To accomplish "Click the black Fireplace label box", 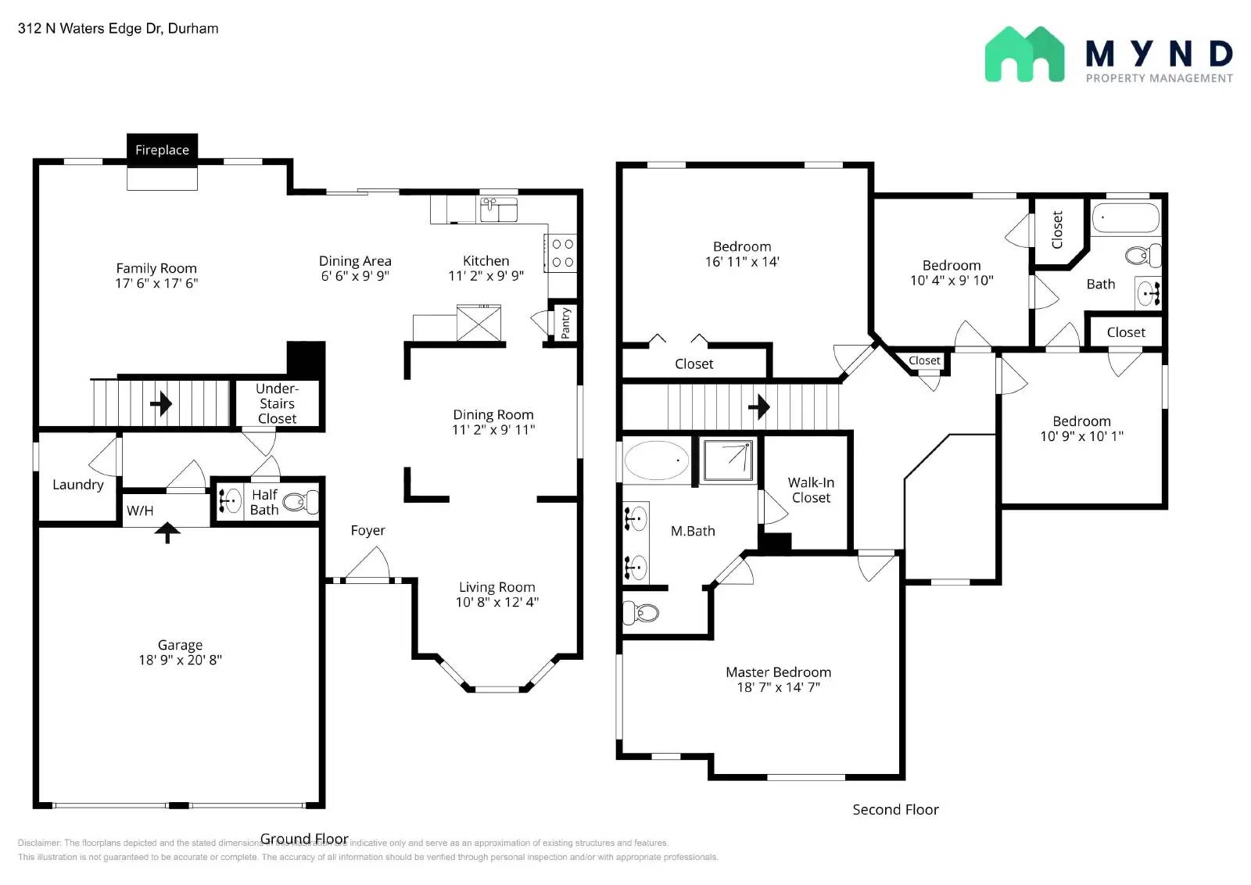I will click(x=162, y=149).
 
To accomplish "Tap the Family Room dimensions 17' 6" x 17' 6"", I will click(x=156, y=283).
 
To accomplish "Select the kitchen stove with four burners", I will click(x=562, y=253).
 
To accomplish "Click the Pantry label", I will click(x=565, y=322).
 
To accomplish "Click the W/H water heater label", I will click(x=140, y=511).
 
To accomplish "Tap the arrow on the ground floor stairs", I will click(x=161, y=403).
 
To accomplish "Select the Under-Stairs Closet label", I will click(x=277, y=403).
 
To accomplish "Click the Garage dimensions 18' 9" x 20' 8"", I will click(x=180, y=660).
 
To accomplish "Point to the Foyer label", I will click(x=367, y=530).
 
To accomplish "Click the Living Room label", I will click(x=496, y=586).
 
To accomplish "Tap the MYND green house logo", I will click(x=1024, y=55).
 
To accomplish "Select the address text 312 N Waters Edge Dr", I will click(x=118, y=28).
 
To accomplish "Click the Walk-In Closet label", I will click(x=811, y=490).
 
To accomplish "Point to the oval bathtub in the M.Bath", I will click(x=655, y=461).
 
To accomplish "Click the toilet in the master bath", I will click(x=641, y=612).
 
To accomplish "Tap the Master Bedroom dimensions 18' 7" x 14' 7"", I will click(x=778, y=687).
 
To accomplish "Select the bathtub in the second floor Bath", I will click(x=1125, y=218).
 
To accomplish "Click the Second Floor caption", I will click(x=895, y=809).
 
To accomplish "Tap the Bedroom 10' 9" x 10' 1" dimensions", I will click(x=1081, y=436).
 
